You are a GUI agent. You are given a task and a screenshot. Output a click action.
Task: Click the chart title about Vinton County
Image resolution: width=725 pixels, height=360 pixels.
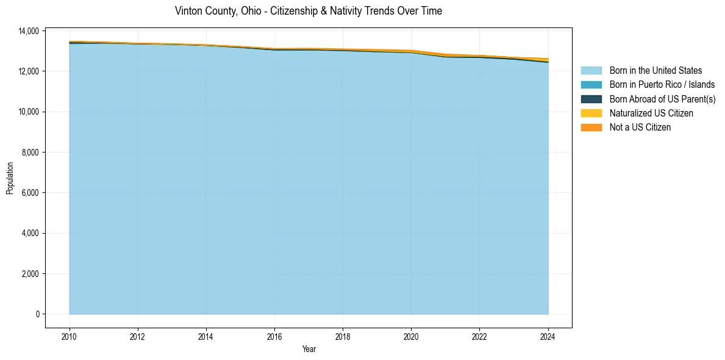click(308, 11)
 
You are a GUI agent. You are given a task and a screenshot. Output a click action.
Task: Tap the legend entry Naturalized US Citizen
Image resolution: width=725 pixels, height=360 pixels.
click(651, 113)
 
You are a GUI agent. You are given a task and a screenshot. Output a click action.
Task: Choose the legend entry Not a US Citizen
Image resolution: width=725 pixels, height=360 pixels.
click(640, 128)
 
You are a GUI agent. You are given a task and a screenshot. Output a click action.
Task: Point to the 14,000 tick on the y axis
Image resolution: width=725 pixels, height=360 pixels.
click(30, 31)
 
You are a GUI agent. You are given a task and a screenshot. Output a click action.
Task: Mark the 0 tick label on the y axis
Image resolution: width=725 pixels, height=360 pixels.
click(37, 314)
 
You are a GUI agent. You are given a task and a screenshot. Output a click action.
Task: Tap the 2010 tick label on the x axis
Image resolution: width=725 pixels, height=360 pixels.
click(70, 336)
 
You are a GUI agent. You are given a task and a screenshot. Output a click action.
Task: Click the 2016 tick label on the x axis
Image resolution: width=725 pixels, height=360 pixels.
click(274, 336)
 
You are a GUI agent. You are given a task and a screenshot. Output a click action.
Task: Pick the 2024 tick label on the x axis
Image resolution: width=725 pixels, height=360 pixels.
click(548, 336)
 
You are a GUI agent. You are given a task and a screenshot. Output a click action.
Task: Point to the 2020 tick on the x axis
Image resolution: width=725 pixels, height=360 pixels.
click(412, 336)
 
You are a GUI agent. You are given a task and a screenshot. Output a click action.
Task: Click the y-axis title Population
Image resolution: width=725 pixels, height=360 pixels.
click(10, 178)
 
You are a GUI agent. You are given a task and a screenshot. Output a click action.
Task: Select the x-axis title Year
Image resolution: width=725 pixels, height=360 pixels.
click(309, 350)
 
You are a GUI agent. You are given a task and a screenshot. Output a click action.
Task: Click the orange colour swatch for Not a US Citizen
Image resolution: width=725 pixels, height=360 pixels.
click(591, 128)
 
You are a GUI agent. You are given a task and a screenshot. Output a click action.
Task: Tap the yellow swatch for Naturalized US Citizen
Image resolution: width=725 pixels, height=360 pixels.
click(591, 113)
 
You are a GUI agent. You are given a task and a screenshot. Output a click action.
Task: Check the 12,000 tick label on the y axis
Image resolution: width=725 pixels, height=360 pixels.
click(30, 71)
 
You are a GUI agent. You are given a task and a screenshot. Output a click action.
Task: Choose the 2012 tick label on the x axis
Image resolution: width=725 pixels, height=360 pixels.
click(138, 336)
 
